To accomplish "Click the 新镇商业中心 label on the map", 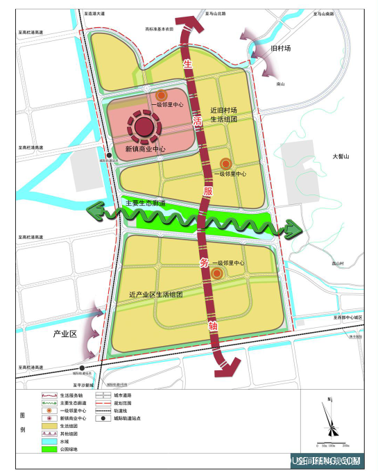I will [x=145, y=149].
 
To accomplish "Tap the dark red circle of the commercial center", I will [x=144, y=126].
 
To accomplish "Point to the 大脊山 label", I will [x=343, y=157].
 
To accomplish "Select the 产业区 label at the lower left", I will [x=64, y=334].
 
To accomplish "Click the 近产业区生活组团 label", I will [x=155, y=295].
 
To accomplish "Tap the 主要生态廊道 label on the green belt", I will [x=145, y=203].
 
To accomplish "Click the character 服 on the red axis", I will [x=207, y=190].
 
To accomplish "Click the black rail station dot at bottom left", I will [x=83, y=368].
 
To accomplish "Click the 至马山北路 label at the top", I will [x=216, y=13].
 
